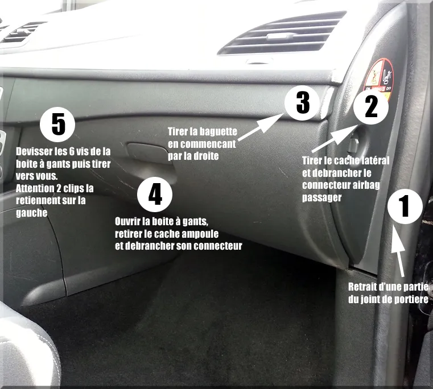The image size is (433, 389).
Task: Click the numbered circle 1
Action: point(405,206)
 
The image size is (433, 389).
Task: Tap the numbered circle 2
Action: point(370,106)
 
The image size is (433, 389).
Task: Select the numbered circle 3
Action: point(303,102)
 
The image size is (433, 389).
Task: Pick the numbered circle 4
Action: point(155,194)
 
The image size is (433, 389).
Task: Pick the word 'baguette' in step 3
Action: point(218,131)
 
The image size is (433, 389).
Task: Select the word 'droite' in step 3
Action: point(207,155)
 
